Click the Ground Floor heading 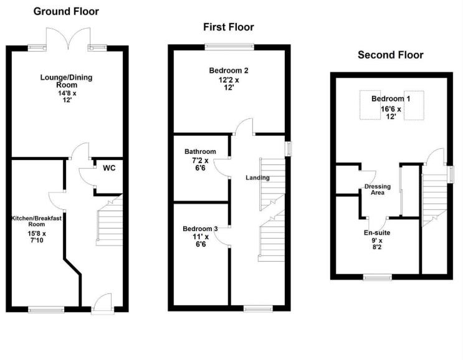pyautogui.click(x=66, y=11)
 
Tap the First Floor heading pyautogui.click(x=228, y=27)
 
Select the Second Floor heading pyautogui.click(x=390, y=55)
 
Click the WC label pyautogui.click(x=109, y=168)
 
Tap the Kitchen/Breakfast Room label pyautogui.click(x=36, y=221)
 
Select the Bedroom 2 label pyautogui.click(x=229, y=70)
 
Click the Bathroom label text pyautogui.click(x=200, y=151)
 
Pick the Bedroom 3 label pyautogui.click(x=200, y=229)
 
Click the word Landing pyautogui.click(x=257, y=178)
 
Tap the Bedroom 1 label pyautogui.click(x=391, y=99)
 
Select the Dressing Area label pyautogui.click(x=378, y=189)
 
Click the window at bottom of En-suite pyautogui.click(x=376, y=276)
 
